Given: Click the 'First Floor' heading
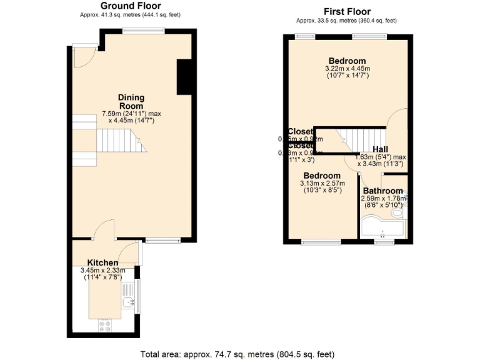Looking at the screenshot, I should (347, 11).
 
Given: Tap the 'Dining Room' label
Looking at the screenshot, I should (131, 101).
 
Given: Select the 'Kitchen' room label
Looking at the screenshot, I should (102, 262).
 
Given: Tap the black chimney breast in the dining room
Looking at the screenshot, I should (184, 77).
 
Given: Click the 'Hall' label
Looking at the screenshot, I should (380, 149).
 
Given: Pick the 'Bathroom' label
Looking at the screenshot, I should (382, 191).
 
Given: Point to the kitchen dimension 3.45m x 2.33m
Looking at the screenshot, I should (102, 274).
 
